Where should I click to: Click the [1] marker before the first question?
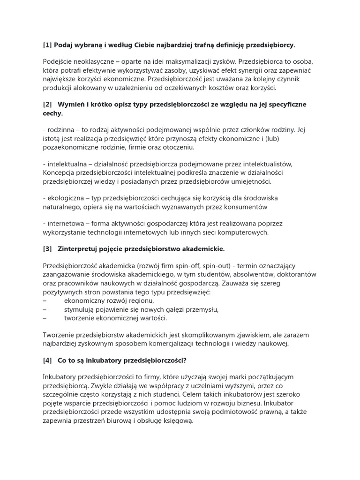pos(47,45)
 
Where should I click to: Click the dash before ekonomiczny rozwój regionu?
pos(45,301)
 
